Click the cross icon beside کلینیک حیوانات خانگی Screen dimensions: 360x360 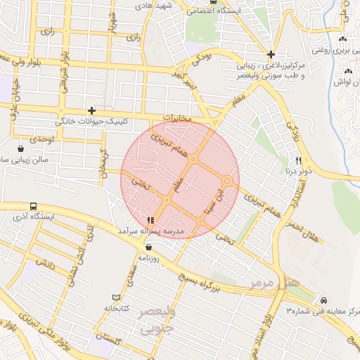click(x=91, y=110)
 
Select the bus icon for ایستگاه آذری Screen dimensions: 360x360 click(x=34, y=207)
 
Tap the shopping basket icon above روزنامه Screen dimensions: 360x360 click(x=148, y=247)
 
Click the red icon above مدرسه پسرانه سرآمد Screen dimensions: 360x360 click(x=150, y=220)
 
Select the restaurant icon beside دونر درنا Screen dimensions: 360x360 click(x=298, y=160)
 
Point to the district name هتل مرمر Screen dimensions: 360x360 click(x=275, y=282)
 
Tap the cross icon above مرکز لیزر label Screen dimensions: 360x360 click(x=271, y=54)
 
